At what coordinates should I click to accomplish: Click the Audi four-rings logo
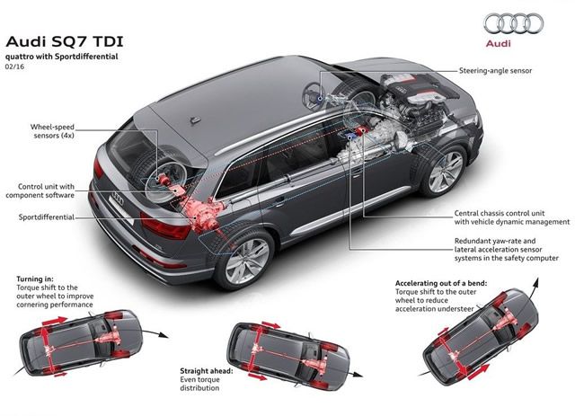[x=513, y=23]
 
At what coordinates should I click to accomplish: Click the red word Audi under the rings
[x=498, y=43]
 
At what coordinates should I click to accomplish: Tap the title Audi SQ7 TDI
[x=65, y=41]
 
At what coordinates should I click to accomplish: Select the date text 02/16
[x=14, y=66]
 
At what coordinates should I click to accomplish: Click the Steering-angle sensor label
[x=495, y=70]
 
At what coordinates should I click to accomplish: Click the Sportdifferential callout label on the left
[x=46, y=217]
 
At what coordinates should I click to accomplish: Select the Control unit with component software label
[x=40, y=190]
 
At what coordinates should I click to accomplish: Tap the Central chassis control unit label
[x=512, y=217]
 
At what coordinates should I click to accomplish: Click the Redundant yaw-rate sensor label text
[x=507, y=250]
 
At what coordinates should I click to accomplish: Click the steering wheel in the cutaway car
[x=314, y=95]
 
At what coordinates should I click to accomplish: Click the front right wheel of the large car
[x=444, y=171]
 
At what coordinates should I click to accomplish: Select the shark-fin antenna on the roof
[x=195, y=119]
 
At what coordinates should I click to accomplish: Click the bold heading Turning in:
[x=35, y=279]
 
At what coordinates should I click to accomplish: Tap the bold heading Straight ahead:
[x=206, y=371]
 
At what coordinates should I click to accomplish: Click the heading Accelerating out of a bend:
[x=441, y=283]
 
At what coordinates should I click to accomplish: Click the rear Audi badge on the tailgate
[x=118, y=198]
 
